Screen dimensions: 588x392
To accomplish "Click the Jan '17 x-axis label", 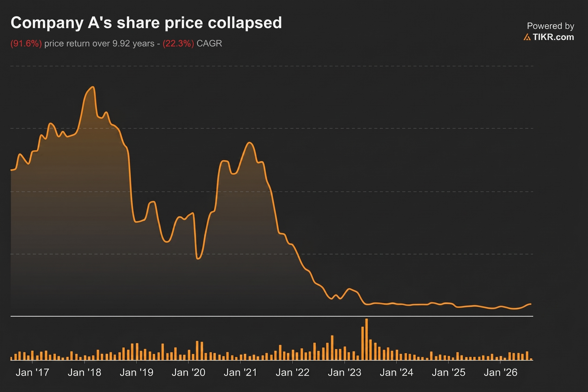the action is [x=33, y=372].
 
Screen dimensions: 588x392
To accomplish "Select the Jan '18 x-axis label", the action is [x=84, y=372].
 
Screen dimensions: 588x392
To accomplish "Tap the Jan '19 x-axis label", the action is [x=137, y=372].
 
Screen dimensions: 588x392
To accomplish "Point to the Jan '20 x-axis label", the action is [x=189, y=372].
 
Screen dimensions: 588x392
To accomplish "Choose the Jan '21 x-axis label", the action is [x=241, y=372].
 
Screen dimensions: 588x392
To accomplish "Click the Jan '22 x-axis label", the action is [x=293, y=372].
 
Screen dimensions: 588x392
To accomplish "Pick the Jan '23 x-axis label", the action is [x=345, y=372].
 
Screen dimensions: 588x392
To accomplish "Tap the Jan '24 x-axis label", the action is [x=397, y=372].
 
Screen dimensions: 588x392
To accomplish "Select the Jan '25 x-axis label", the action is [x=449, y=372].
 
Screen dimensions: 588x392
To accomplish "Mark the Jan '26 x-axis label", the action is [x=501, y=372].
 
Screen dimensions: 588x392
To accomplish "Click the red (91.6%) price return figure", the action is [x=26, y=43].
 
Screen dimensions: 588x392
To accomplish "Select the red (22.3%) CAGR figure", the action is [x=178, y=43].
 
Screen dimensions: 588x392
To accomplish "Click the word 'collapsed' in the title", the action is [x=245, y=23].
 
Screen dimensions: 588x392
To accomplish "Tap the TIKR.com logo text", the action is [x=553, y=37].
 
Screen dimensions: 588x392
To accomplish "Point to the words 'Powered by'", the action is [x=551, y=26].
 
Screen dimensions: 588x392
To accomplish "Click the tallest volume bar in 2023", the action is [x=367, y=339].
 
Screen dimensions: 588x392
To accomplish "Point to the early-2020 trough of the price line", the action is [x=198, y=259].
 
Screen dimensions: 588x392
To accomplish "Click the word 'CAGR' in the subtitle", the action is [x=209, y=43].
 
